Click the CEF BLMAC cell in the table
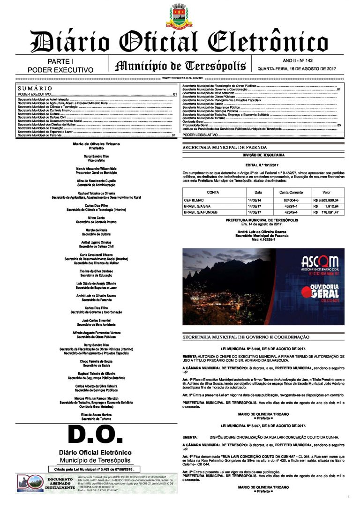[194, 200]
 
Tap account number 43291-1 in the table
[289, 206]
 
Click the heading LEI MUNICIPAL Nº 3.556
[262, 349]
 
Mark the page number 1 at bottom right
[349, 497]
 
